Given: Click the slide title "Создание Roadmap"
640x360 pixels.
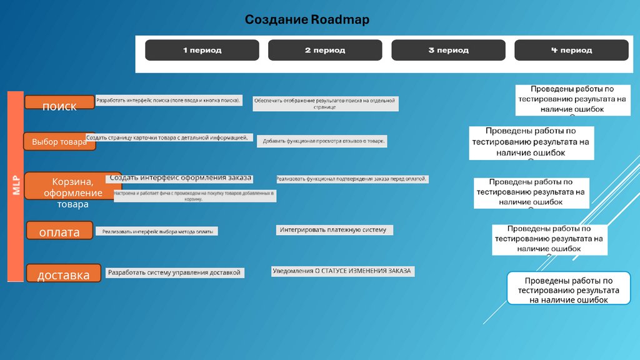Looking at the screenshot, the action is tap(307, 20).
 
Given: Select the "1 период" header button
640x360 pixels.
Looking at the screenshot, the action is tap(202, 50).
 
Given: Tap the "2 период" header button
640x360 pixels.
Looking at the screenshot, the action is tap(325, 50).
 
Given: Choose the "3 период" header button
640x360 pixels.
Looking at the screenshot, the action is tap(448, 50).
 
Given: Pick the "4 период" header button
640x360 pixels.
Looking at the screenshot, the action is tap(571, 50).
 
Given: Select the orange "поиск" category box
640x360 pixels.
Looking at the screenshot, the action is tap(59, 102).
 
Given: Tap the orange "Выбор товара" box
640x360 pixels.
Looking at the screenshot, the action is tap(59, 142).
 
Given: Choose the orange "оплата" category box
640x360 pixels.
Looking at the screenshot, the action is tap(59, 231).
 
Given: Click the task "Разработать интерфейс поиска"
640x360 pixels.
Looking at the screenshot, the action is tap(169, 101).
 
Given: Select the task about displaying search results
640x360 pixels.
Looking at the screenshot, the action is tap(325, 104).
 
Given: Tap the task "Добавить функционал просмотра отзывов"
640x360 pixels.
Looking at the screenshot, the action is tap(322, 142).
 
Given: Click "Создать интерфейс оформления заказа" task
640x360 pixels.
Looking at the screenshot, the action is tap(181, 178).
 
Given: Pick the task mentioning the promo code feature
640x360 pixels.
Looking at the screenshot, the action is tap(194, 196).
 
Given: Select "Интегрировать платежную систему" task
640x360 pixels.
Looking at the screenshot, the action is tap(335, 230).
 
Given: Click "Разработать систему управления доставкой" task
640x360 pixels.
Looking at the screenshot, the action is tap(174, 272).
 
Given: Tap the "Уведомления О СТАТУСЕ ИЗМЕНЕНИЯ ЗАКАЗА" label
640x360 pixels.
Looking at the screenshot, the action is tap(343, 271).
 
